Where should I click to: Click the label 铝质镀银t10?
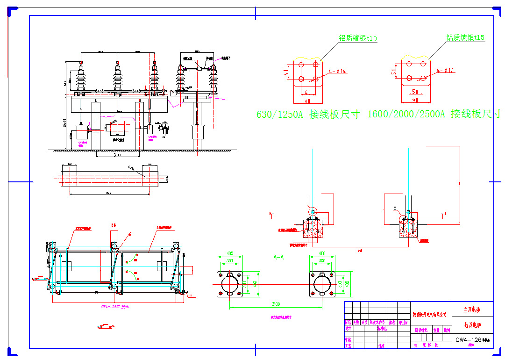point(358,38)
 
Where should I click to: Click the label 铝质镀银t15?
point(465,38)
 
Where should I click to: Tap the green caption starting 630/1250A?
point(308,114)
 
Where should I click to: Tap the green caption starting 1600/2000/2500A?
point(434,114)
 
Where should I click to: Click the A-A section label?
point(279,257)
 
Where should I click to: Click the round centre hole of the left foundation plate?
point(229,284)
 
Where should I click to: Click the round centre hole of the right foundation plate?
point(322,284)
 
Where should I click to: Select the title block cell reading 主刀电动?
point(472,310)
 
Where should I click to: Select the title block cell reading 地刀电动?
point(472,325)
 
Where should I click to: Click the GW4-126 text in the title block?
point(468,340)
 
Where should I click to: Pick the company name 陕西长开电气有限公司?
point(430,315)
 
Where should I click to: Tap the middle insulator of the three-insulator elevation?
point(118,77)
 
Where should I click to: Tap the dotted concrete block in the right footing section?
point(408,228)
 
